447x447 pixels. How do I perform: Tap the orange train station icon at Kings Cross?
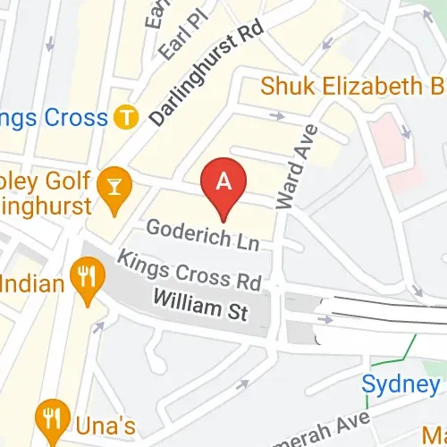(128, 116)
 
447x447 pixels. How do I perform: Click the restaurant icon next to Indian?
(86, 274)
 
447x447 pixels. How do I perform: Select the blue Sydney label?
(401, 384)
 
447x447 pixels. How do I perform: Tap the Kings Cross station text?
(54, 116)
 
